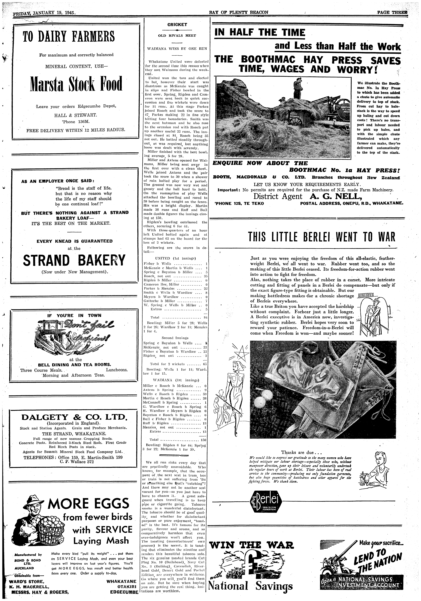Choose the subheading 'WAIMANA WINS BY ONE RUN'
[x=177, y=49]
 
